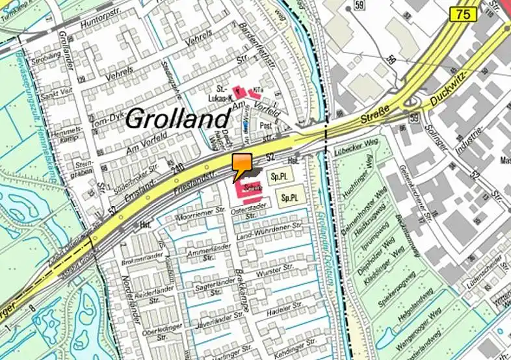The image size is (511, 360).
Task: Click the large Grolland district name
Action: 177,118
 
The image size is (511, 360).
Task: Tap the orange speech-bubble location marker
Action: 241,166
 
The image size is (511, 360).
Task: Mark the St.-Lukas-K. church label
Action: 220,92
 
